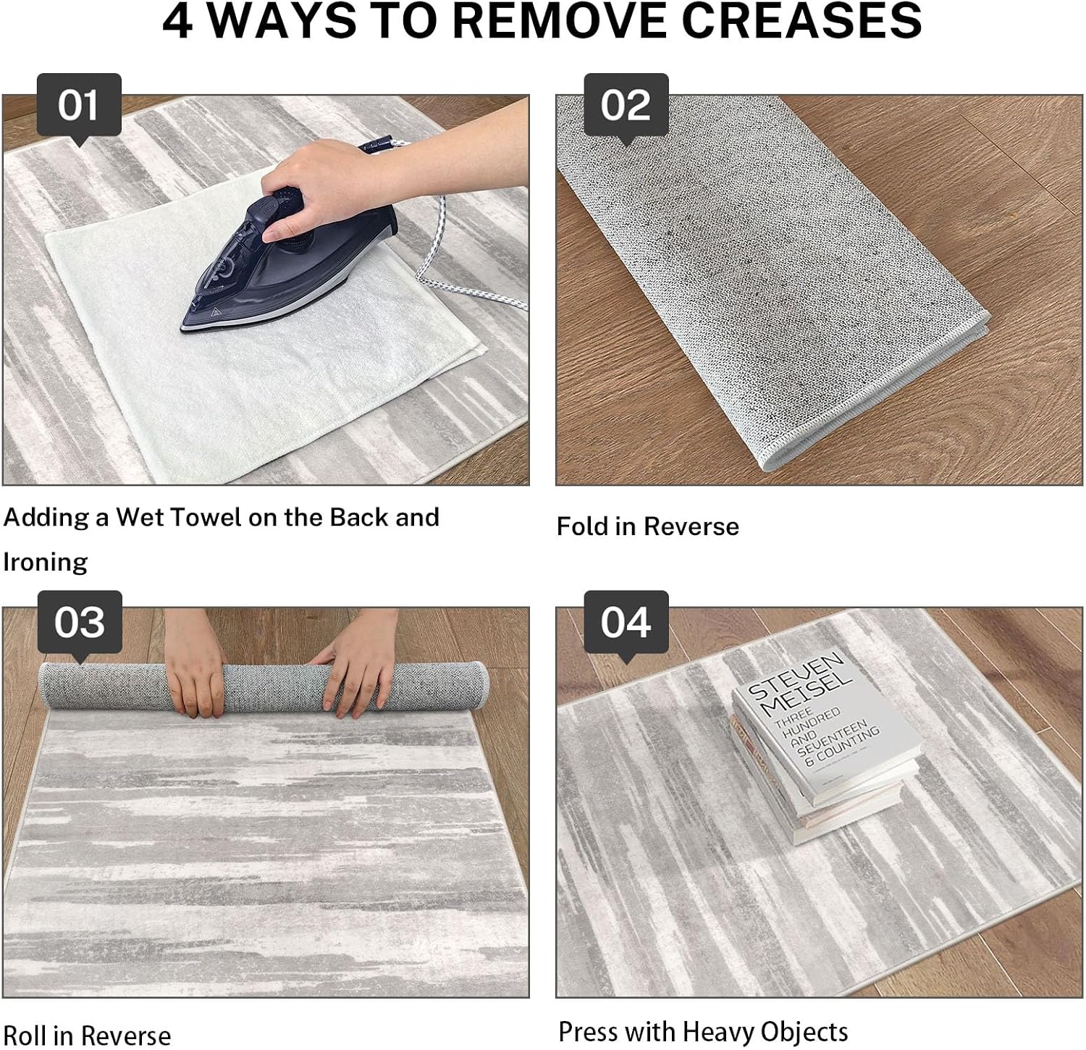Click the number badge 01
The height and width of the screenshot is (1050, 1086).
pos(79,106)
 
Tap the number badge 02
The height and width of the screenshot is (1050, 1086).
pos(626,106)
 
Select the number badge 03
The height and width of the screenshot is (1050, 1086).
pos(80,623)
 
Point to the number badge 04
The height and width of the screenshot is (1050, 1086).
pos(626,623)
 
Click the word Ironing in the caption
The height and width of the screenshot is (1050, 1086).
pos(46,563)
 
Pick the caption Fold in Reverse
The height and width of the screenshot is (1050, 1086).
pos(648,526)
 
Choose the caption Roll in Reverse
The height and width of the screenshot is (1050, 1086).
pos(87,1036)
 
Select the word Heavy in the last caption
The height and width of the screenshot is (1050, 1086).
pos(727,1032)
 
